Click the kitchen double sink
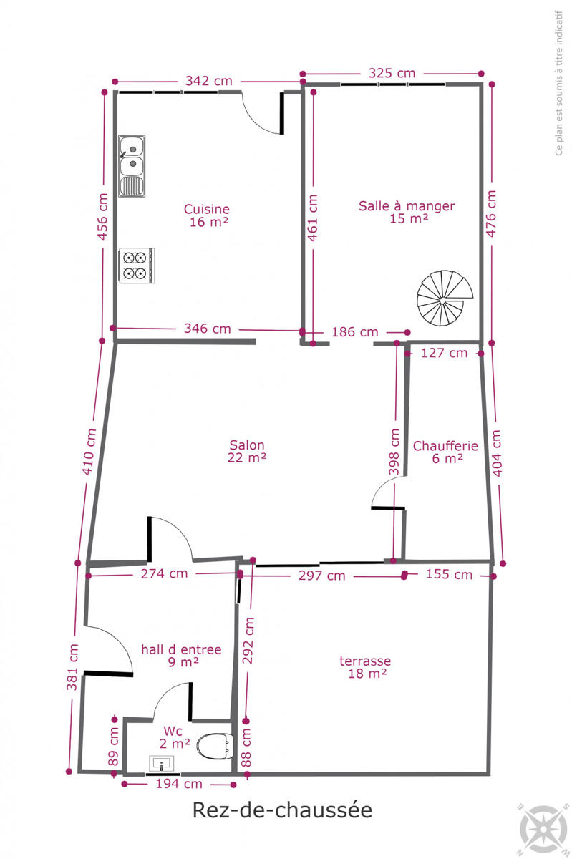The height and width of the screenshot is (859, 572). coord(132,165)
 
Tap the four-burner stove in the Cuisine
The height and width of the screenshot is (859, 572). coord(137,266)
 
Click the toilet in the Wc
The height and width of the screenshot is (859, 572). coord(215,746)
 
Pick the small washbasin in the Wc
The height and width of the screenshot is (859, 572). coord(162,763)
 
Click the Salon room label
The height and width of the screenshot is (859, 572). coord(247,451)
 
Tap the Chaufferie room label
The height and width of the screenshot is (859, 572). coord(445,452)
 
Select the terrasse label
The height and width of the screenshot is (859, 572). coord(365,667)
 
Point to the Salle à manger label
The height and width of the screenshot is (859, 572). coord(407,212)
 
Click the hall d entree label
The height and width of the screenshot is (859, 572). coord(181,656)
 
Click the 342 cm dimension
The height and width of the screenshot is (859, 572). coord(209,81)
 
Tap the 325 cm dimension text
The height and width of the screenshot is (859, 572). coord(392,73)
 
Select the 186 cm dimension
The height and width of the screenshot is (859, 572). coord(355,331)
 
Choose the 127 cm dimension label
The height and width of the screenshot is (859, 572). coord(445,353)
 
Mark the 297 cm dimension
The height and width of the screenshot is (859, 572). coord(322,576)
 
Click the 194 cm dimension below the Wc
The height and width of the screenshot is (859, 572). coord(179,784)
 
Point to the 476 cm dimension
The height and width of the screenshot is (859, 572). coord(491,213)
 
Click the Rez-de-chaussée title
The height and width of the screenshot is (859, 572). coord(282,810)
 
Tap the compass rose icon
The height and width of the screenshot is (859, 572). coord(543,829)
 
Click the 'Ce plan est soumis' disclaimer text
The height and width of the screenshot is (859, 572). coord(558,83)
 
